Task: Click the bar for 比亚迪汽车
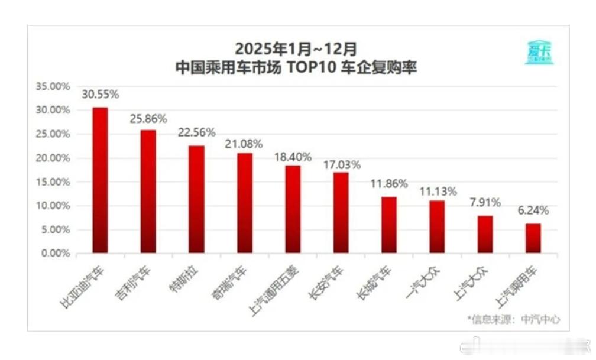(100, 180)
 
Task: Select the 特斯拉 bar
(196, 200)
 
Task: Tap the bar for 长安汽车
(341, 213)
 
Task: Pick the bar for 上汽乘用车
(533, 238)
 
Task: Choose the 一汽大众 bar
(437, 227)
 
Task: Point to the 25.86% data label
(148, 119)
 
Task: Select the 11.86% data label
(389, 184)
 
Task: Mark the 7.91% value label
(485, 203)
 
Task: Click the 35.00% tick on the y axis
(53, 86)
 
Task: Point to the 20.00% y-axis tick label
(53, 158)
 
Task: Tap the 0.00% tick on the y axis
(55, 254)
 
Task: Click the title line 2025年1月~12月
(296, 48)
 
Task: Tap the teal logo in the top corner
(538, 53)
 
